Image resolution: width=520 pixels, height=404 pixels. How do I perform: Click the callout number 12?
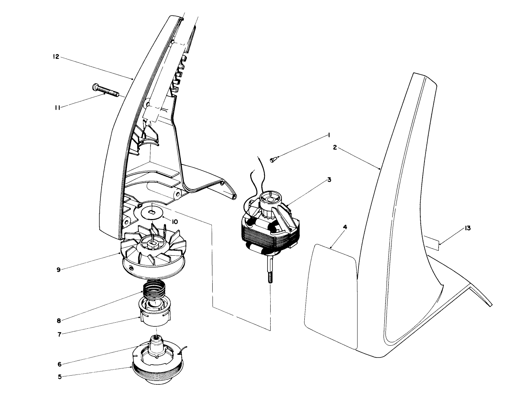pyautogui.click(x=55, y=57)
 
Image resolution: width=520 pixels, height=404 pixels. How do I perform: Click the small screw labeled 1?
pyautogui.click(x=273, y=160)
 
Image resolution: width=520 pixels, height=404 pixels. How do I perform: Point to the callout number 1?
pyautogui.click(x=329, y=135)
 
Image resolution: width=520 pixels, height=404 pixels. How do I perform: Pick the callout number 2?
pyautogui.click(x=335, y=148)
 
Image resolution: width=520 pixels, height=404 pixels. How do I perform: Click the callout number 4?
pyautogui.click(x=345, y=227)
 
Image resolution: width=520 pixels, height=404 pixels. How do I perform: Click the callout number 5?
pyautogui.click(x=60, y=376)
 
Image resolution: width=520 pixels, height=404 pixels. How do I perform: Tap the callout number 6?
pyautogui.click(x=60, y=364)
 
